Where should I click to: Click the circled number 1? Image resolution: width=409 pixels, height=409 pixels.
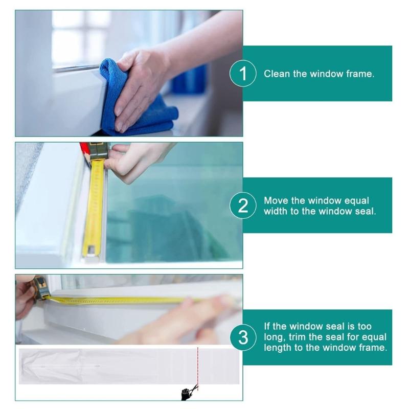[243, 74]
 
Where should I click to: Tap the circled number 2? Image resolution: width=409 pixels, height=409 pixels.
[243, 206]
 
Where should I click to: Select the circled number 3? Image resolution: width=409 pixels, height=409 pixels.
[243, 337]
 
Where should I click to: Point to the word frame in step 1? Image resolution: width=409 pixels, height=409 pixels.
[361, 74]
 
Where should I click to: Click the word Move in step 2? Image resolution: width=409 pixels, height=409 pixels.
[275, 200]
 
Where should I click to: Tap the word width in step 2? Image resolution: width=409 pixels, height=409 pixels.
[276, 211]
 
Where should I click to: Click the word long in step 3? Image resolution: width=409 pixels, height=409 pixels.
[275, 337]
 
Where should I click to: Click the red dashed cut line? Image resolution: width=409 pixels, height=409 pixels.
[197, 366]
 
